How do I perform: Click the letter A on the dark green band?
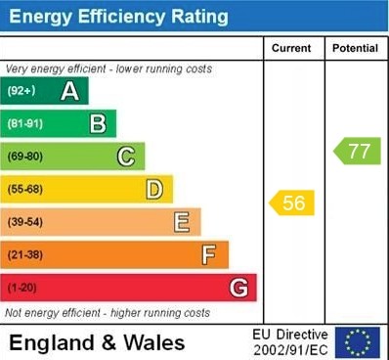pyautogui.click(x=69, y=92)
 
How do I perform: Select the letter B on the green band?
pyautogui.click(x=98, y=124)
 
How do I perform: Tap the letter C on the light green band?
pyautogui.click(x=126, y=157)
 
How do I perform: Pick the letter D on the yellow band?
pyautogui.click(x=154, y=189)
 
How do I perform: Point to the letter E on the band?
pyautogui.click(x=182, y=222)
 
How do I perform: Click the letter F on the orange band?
pyautogui.click(x=209, y=255)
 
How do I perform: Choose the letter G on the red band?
pyautogui.click(x=238, y=288)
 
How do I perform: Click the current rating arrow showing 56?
pyautogui.click(x=292, y=202)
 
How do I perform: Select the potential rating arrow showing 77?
pyautogui.click(x=358, y=152)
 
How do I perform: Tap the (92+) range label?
pyautogui.click(x=22, y=92)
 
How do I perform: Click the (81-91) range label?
pyautogui.click(x=25, y=124)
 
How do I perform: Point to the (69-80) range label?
pyautogui.click(x=25, y=157)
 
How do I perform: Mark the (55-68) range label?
pyautogui.click(x=25, y=190)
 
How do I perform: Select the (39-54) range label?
pyautogui.click(x=25, y=222)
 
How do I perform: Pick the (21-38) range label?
pyautogui.click(x=25, y=255)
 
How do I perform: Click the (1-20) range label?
pyautogui.click(x=22, y=288)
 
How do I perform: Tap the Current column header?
pyautogui.click(x=291, y=48)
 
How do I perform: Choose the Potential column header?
pyautogui.click(x=355, y=48)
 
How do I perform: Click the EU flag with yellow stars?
pyautogui.click(x=357, y=342)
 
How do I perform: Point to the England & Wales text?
pyautogui.click(x=97, y=342)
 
